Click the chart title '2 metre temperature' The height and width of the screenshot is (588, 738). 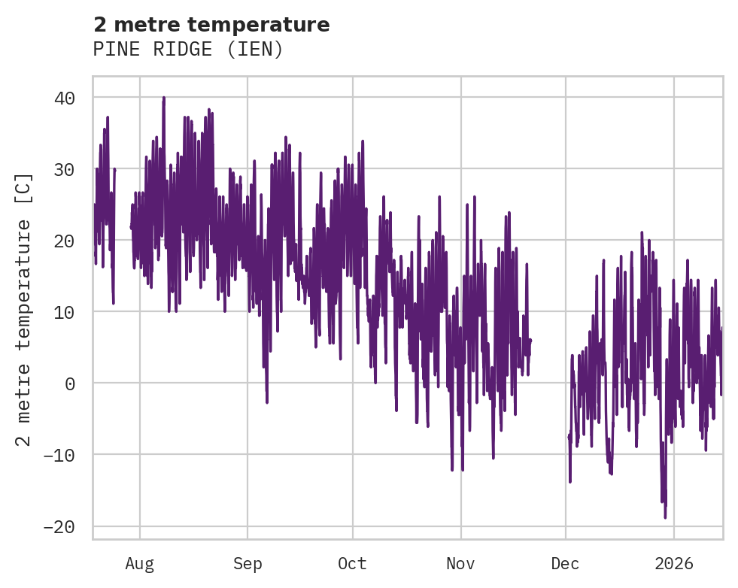[x=211, y=25]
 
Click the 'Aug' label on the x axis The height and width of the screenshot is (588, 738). [x=140, y=563]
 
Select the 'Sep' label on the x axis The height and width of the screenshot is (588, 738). [x=248, y=563]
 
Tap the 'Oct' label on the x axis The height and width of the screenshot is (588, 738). [x=352, y=563]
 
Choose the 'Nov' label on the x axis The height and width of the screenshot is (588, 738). [x=460, y=563]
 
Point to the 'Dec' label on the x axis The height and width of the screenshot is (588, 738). [x=566, y=563]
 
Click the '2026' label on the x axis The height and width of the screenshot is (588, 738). [x=674, y=563]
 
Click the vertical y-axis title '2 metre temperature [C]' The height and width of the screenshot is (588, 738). [x=24, y=309]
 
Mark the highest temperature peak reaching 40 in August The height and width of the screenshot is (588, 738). [x=163, y=98]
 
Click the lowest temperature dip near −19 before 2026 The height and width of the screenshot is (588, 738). [x=665, y=517]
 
